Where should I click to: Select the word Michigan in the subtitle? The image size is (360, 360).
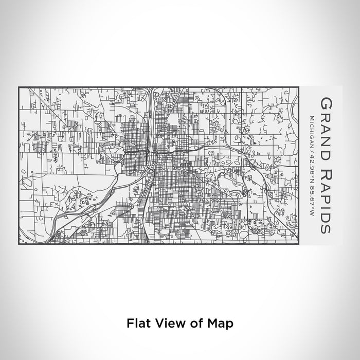312,127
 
